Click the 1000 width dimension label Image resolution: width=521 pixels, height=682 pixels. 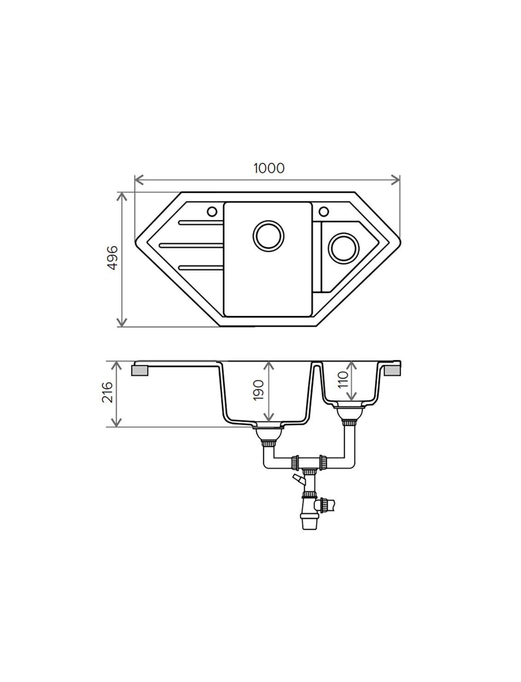coord(269,168)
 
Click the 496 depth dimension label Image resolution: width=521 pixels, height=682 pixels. coord(112,258)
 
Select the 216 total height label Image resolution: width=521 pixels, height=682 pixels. coord(107,392)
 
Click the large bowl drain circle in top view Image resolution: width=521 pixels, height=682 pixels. coord(269,236)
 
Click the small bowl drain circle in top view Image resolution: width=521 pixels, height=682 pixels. coord(344,248)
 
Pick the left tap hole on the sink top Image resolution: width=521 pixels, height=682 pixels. coord(212,212)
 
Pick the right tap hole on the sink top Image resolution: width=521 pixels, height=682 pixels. coord(324,211)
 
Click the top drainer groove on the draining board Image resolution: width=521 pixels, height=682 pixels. coord(200,223)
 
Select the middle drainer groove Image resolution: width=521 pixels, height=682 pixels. coord(191,245)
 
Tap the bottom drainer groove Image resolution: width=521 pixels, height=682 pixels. coord(200,267)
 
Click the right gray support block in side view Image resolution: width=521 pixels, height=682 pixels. coord(393,371)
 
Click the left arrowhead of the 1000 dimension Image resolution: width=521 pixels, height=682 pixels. coord(139,180)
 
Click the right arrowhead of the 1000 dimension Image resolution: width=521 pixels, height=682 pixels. coord(396,180)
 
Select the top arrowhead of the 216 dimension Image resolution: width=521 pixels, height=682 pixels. coord(116,366)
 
